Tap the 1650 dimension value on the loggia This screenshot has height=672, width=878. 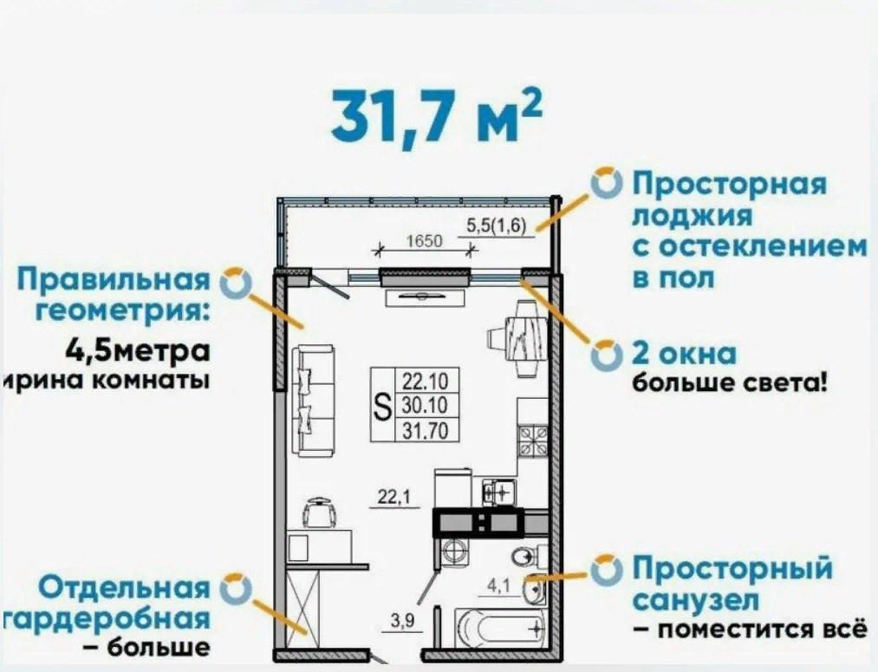tap(425, 242)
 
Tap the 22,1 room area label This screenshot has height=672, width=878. tap(393, 497)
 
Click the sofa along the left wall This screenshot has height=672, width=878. tap(311, 401)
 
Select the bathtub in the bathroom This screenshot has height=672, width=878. tap(500, 627)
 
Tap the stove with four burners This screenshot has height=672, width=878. tap(531, 439)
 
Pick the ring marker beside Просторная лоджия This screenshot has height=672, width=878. tap(607, 183)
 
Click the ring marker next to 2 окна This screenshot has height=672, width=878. tap(607, 356)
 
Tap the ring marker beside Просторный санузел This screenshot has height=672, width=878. tap(607, 570)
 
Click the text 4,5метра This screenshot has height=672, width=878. tap(138, 353)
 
